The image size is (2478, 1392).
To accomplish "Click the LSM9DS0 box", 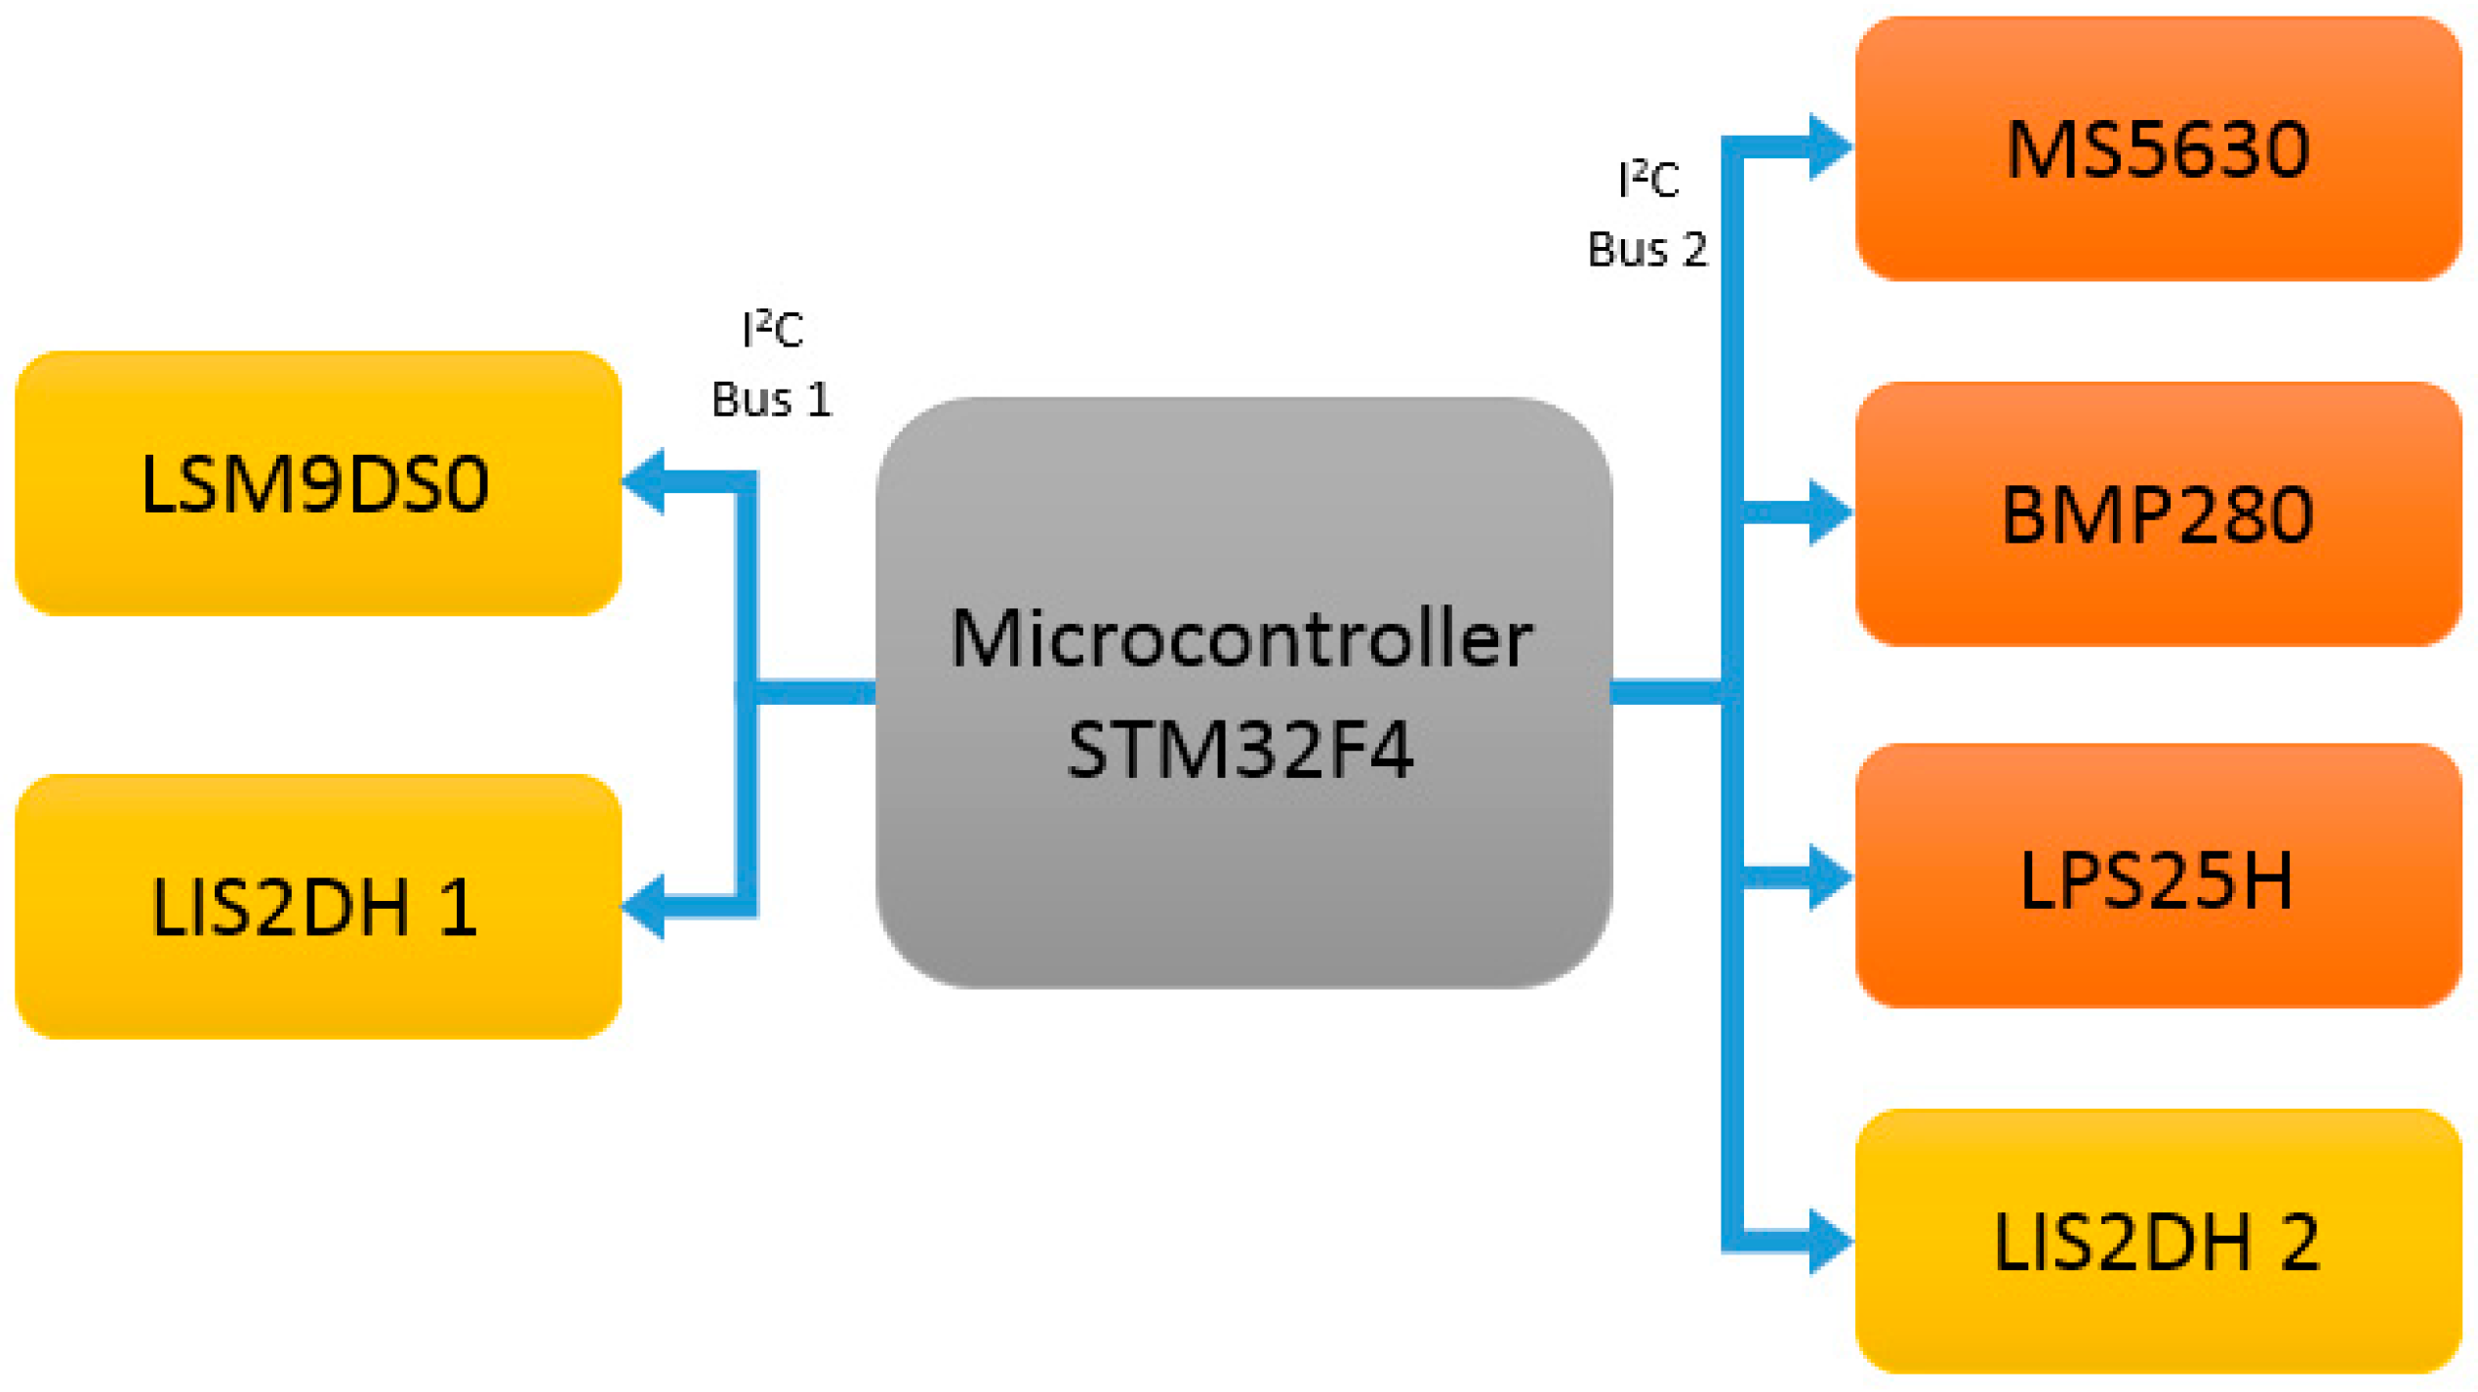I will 317,483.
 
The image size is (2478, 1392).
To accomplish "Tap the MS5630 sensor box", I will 2157,148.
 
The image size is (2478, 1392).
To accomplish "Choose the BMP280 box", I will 2157,513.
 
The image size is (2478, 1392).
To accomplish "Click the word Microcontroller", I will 1241,639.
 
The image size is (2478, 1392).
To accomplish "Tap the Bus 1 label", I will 771,399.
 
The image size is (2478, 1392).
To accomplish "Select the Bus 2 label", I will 1646,250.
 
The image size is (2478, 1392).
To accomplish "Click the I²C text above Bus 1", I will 772,329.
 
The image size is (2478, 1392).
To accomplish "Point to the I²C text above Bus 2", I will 1647,180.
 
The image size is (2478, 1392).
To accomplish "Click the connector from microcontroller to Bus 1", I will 815,691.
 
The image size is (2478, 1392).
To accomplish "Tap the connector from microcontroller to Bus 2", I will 1667,691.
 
